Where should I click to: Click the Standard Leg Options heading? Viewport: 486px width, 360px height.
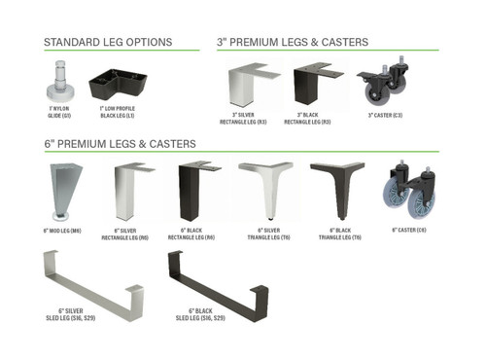(108, 43)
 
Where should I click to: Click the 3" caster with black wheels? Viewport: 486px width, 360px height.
(380, 89)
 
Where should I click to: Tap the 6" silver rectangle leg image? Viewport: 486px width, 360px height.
(130, 192)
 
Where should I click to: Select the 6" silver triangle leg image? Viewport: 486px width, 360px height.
(265, 190)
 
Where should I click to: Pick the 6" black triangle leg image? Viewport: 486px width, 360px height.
(336, 190)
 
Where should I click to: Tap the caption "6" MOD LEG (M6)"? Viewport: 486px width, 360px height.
(61, 231)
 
